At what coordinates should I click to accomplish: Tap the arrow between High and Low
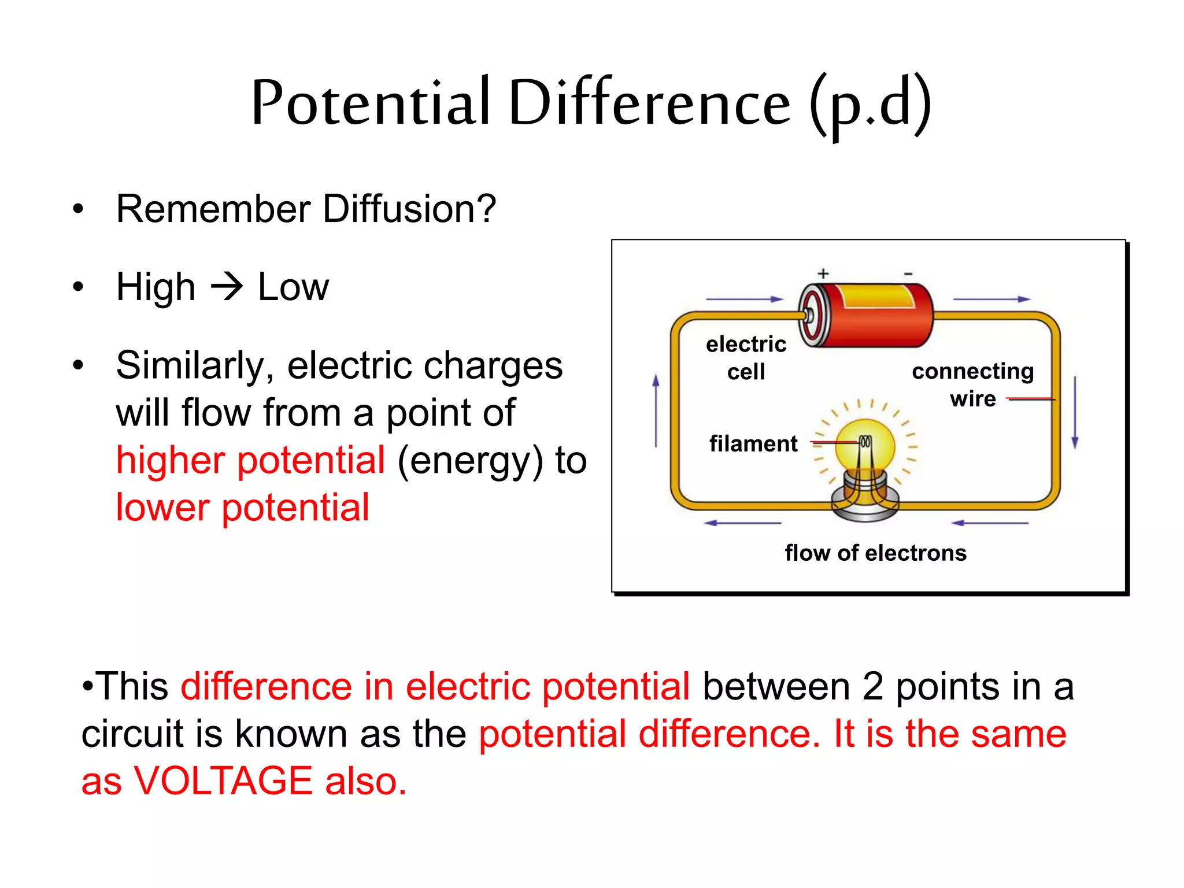[x=227, y=287]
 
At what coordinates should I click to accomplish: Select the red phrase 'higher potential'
[x=250, y=460]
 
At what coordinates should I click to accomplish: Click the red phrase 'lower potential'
[x=242, y=508]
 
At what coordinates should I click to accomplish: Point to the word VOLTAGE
[x=223, y=780]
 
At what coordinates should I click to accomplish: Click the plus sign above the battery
[x=823, y=273]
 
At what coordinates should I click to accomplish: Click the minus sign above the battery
[x=908, y=273]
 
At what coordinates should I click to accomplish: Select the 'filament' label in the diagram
[x=753, y=444]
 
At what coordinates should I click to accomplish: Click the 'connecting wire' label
[x=973, y=384]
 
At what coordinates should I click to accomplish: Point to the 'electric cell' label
[x=746, y=357]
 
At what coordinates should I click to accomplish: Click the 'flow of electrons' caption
[x=875, y=553]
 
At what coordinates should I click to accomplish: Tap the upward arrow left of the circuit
[x=656, y=410]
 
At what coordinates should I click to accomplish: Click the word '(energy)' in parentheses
[x=470, y=460]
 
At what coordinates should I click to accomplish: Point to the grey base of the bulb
[x=865, y=503]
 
